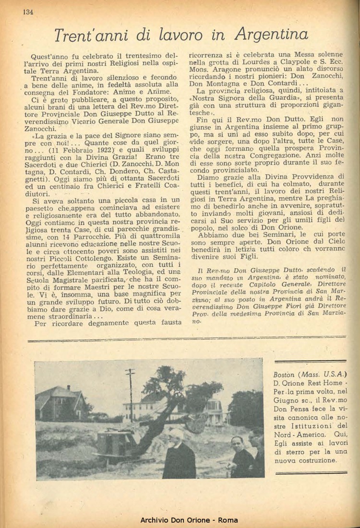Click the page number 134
27,12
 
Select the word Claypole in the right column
288,62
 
